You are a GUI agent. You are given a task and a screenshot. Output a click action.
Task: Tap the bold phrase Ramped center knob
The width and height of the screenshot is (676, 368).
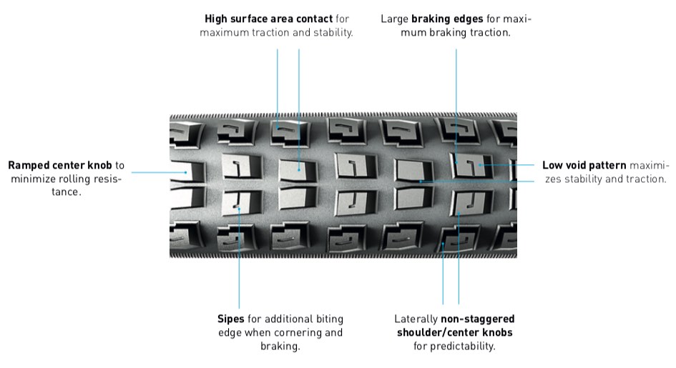pos(60,165)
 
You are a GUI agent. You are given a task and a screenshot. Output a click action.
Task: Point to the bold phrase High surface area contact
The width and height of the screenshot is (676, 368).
pos(268,19)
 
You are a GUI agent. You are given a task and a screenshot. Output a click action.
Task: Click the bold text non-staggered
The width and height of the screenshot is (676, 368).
pos(477,319)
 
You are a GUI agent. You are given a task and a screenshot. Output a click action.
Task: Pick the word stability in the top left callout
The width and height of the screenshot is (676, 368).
pos(332,33)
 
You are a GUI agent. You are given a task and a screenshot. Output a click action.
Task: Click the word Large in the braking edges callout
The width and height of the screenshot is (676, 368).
pos(395,19)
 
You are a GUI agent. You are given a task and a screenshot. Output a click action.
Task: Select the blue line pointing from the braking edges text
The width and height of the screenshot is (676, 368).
pos(456,93)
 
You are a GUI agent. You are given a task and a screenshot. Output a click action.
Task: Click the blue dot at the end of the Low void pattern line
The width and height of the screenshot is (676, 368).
pos(481,165)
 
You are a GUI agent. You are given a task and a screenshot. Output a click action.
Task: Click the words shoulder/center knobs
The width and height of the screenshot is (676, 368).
pos(454,333)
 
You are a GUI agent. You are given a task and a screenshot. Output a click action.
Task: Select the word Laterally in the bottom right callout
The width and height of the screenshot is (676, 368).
pos(416,319)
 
